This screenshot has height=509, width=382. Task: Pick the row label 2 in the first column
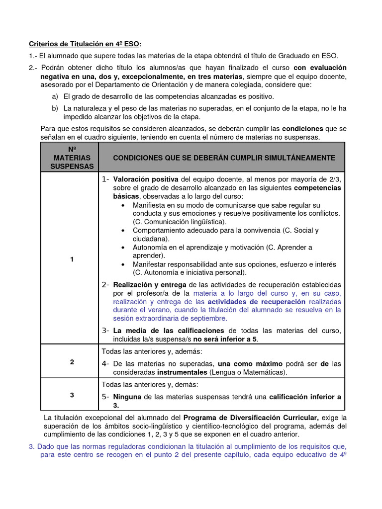[x=72, y=362]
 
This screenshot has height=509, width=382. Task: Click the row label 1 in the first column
[x=72, y=259]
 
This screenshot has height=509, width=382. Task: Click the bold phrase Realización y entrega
[x=149, y=285]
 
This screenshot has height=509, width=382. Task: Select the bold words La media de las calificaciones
[x=170, y=331]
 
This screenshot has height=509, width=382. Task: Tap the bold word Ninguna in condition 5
[x=127, y=397]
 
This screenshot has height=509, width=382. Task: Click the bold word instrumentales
[x=182, y=372]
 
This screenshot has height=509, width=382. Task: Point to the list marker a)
[x=54, y=96]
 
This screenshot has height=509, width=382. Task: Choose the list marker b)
[x=54, y=108]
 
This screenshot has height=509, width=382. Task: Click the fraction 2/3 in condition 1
[x=334, y=179]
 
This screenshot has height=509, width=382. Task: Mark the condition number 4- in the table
[x=105, y=363]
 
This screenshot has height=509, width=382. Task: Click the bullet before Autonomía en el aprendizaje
[x=123, y=247]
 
